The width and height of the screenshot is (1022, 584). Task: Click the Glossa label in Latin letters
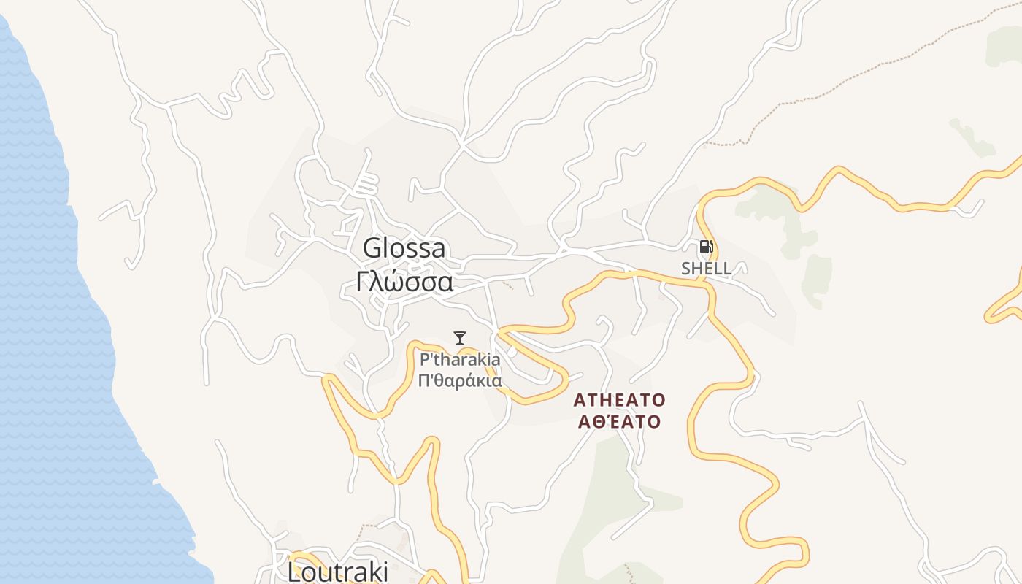(404, 248)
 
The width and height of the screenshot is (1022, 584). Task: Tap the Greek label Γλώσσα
(404, 282)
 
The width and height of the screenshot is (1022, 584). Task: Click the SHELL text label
(706, 269)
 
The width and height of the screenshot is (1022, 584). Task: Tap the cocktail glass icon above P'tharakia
(460, 337)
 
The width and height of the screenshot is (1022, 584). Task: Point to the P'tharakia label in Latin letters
(460, 360)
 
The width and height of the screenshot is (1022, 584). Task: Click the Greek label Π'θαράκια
(460, 380)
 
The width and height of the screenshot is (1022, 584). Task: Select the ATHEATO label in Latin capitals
(619, 400)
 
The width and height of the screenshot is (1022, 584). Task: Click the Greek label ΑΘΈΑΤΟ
(619, 422)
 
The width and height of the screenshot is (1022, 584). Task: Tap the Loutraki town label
(338, 572)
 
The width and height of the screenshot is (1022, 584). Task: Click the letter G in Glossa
(372, 248)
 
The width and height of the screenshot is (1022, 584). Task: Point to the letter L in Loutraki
(294, 572)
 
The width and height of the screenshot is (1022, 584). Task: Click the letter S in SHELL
(686, 269)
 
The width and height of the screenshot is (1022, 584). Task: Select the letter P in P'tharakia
(424, 360)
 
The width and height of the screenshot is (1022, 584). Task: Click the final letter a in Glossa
(438, 249)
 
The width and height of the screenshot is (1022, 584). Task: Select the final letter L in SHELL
(727, 269)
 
